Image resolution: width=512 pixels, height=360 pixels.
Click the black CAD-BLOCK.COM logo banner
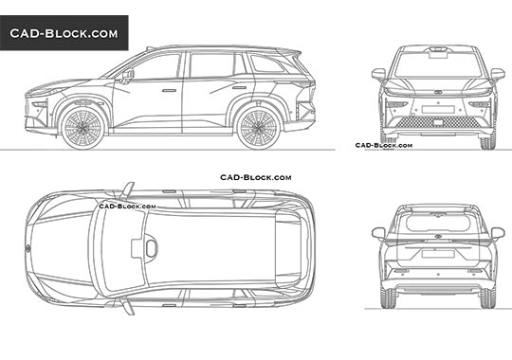[64, 33]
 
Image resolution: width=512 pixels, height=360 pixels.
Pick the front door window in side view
[156, 66]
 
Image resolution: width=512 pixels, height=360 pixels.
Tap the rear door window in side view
[214, 64]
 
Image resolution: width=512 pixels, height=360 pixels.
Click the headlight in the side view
[41, 95]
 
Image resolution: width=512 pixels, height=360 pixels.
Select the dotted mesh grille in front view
[438, 121]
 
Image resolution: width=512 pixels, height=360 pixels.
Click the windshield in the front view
[438, 63]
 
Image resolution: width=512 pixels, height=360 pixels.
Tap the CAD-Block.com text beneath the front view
[384, 146]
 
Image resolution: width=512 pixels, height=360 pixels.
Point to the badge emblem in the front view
[438, 92]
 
